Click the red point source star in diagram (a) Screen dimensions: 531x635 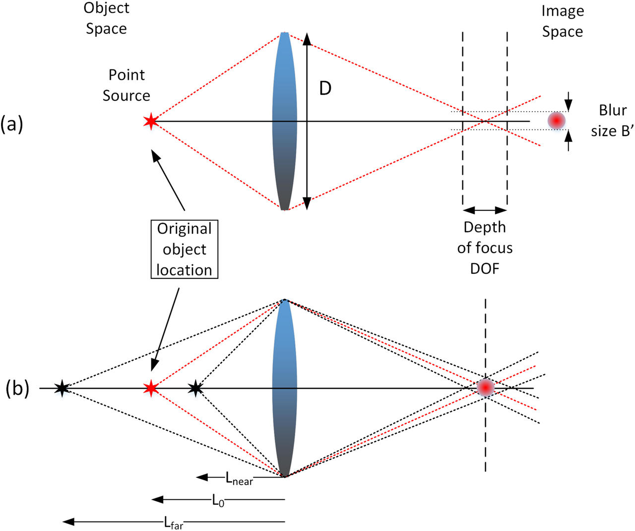(150, 121)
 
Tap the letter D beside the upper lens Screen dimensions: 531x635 (325, 88)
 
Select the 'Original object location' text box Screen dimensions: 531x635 (184, 249)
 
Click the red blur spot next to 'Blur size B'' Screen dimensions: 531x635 (557, 121)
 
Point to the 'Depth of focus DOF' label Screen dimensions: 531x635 (485, 248)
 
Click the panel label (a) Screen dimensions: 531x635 (12, 124)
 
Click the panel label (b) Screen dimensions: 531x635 (17, 389)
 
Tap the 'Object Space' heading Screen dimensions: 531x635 (106, 18)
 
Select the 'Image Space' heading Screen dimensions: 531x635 (562, 21)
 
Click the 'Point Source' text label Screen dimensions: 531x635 (127, 85)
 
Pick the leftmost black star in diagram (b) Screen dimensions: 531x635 (62, 388)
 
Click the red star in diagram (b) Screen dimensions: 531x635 (150, 388)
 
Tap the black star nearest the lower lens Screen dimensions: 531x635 (196, 388)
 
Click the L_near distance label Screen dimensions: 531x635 (239, 479)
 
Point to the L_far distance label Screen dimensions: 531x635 (174, 523)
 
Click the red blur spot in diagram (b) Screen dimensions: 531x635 (485, 387)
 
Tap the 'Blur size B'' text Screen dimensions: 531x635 (613, 121)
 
